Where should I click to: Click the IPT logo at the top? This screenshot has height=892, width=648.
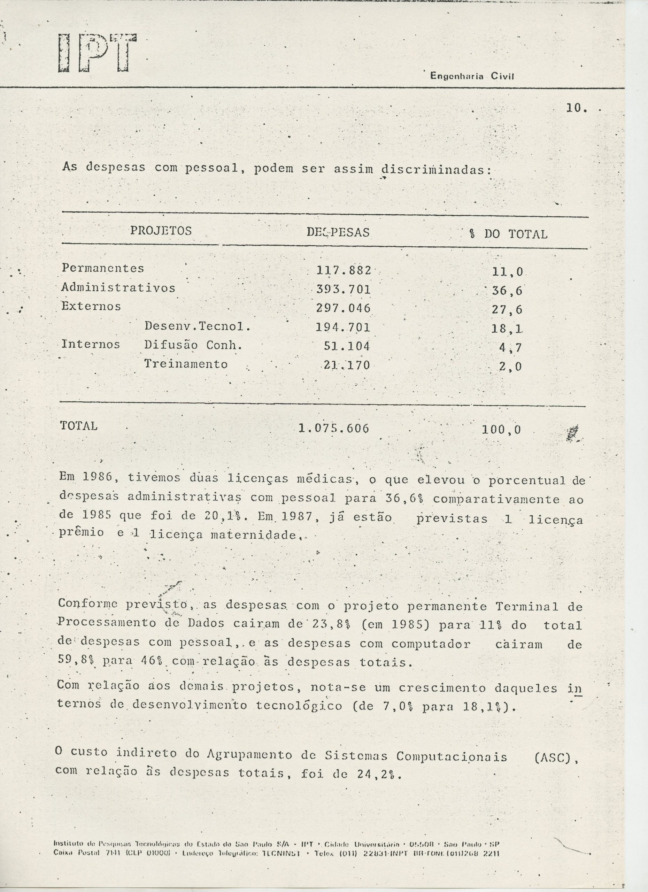[x=97, y=54]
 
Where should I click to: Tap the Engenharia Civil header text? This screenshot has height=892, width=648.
[x=472, y=76]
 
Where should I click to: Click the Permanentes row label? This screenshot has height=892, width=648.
[x=103, y=268]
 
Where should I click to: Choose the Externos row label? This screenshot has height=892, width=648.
[x=91, y=306]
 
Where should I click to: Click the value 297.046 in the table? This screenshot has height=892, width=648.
[x=343, y=308]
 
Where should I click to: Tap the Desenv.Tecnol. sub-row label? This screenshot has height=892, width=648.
[x=198, y=326]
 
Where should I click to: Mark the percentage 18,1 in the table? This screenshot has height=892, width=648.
[x=507, y=329]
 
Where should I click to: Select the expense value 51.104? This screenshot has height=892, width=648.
[x=347, y=346]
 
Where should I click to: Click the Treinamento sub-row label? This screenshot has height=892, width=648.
[x=186, y=364]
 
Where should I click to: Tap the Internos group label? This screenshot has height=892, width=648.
[x=91, y=344]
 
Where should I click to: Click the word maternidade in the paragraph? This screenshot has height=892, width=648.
[x=254, y=535]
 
